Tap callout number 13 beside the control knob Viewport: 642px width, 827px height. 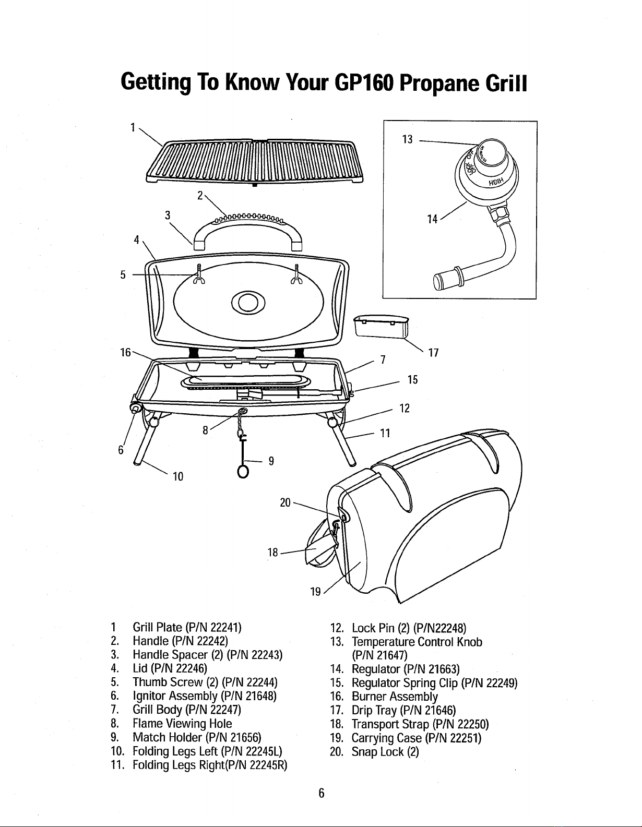click(x=408, y=139)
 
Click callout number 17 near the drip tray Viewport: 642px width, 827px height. click(x=432, y=353)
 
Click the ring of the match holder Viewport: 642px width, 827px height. click(x=242, y=471)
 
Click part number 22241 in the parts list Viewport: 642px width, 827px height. click(x=227, y=627)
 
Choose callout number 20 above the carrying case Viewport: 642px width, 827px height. click(x=285, y=502)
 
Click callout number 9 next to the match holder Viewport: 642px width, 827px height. click(x=271, y=461)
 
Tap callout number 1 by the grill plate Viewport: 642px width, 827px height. click(x=134, y=127)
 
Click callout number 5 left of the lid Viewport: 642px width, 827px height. click(x=123, y=275)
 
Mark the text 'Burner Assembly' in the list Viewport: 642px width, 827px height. click(x=395, y=697)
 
